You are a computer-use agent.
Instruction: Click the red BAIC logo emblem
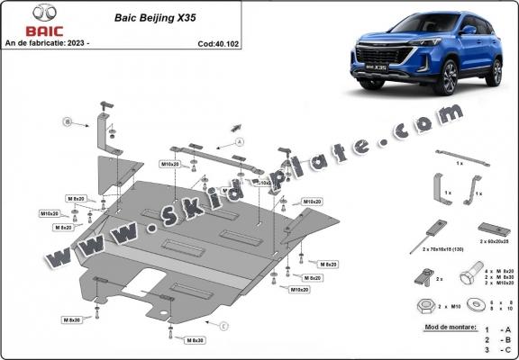click(19, 12)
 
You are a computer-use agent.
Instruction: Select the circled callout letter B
click(66, 121)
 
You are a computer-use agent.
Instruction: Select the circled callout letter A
click(240, 142)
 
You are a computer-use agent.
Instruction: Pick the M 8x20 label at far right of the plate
click(328, 264)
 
